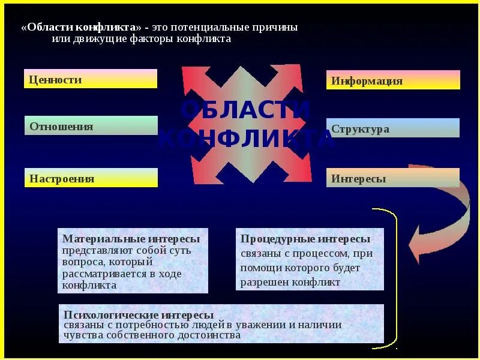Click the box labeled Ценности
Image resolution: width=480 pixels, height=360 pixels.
(x=91, y=79)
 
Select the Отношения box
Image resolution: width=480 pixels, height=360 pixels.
(x=91, y=125)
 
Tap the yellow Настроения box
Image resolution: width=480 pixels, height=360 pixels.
(x=91, y=178)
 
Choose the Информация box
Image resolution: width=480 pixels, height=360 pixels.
(x=393, y=80)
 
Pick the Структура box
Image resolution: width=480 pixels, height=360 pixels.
(x=393, y=128)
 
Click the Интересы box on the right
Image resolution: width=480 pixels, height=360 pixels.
(x=393, y=178)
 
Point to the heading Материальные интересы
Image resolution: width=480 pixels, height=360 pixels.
(x=131, y=239)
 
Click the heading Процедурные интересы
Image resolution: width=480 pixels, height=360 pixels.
(x=305, y=239)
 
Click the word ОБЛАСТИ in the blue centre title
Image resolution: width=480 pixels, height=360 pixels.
(x=245, y=110)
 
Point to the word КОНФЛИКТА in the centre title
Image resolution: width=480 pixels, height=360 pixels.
(x=245, y=139)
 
